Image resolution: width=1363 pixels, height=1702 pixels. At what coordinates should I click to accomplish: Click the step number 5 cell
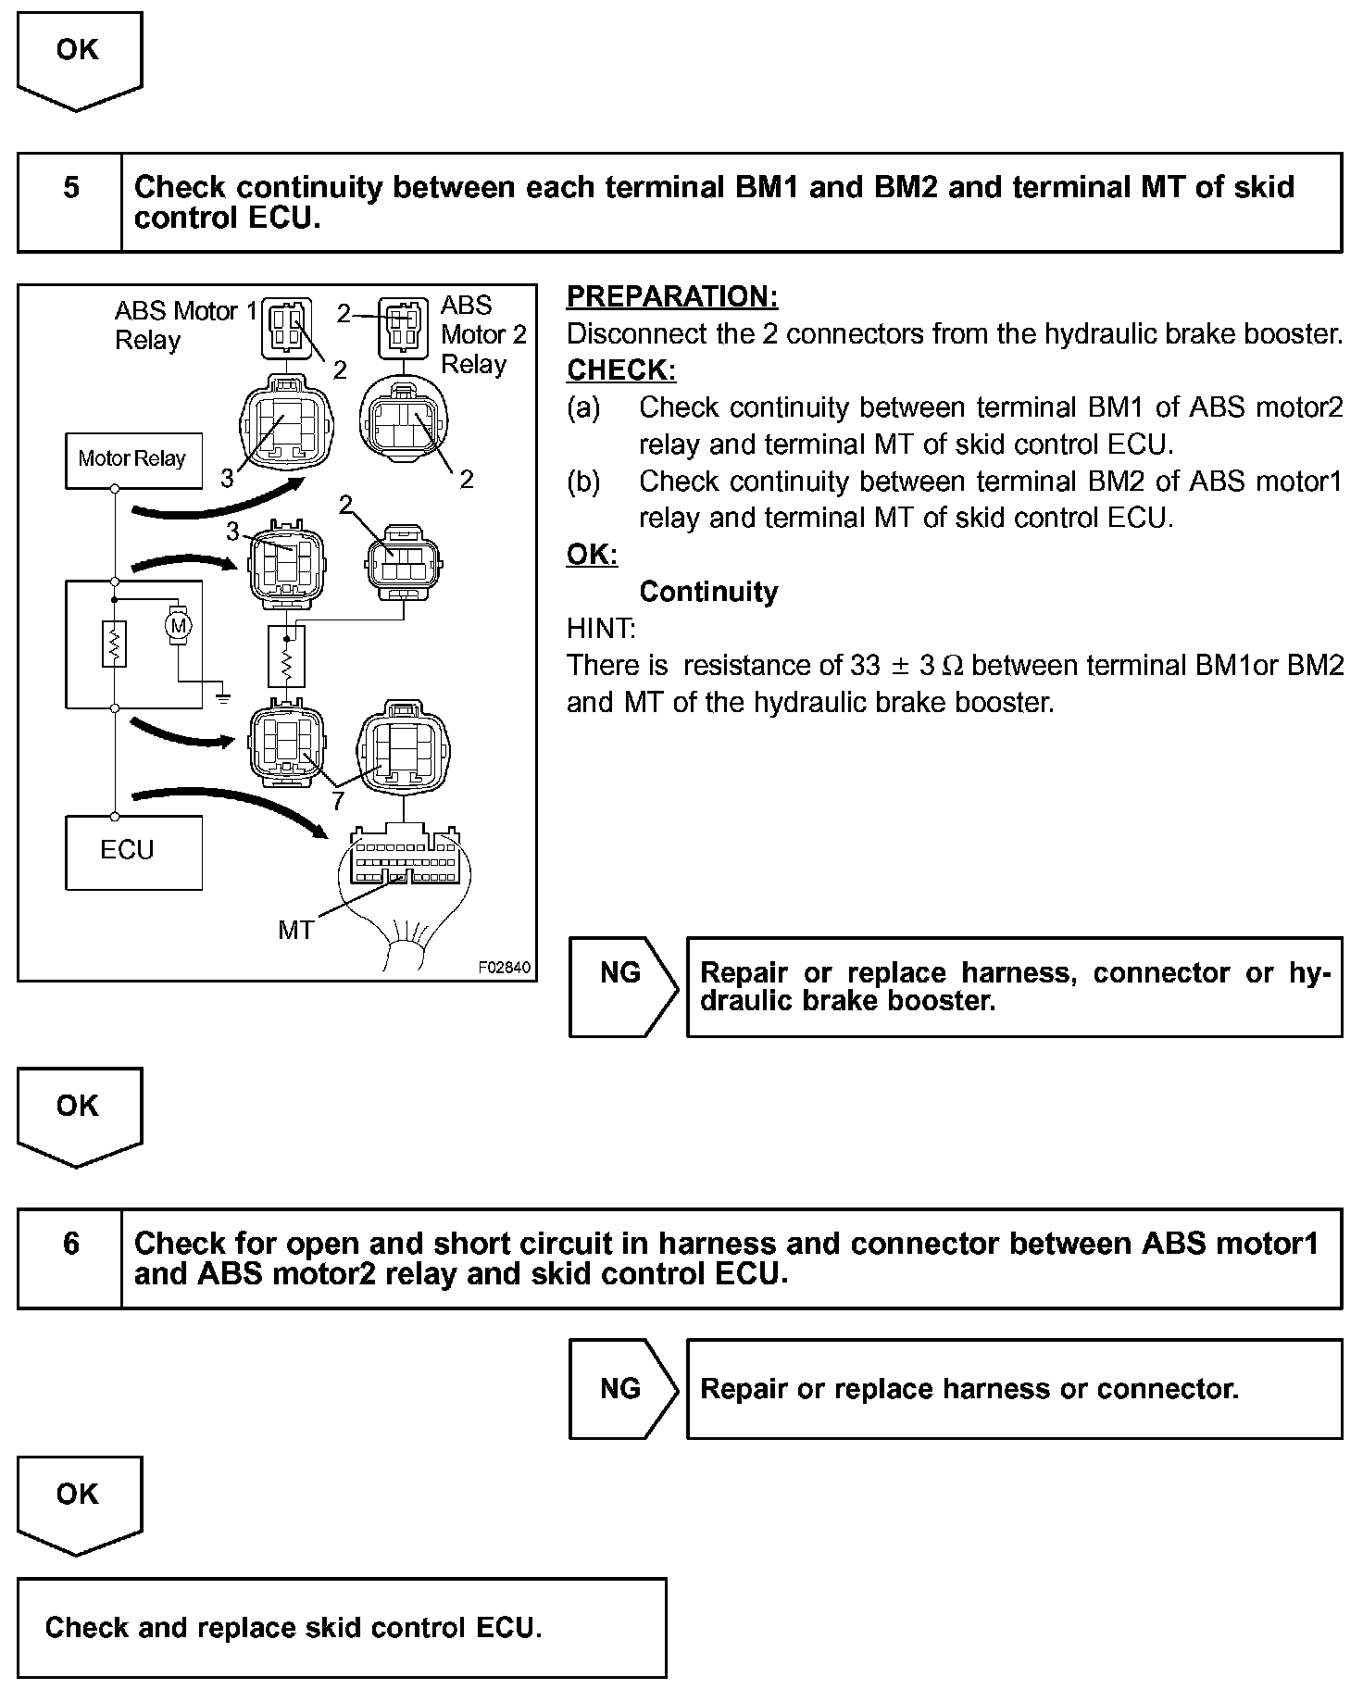[x=70, y=188]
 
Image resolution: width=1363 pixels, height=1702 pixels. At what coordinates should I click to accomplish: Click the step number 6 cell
[x=70, y=1244]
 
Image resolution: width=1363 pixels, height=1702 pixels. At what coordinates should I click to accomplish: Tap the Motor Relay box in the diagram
[x=133, y=459]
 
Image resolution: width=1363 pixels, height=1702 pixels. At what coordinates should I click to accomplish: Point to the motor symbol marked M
[x=179, y=626]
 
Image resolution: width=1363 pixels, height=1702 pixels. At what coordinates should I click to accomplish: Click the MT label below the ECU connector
[x=295, y=930]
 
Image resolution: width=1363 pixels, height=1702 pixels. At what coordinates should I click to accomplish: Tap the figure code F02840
[x=504, y=968]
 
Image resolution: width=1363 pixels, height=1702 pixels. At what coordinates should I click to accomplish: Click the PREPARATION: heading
[x=672, y=297]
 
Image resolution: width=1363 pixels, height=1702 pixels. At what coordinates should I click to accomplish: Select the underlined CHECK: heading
[x=620, y=370]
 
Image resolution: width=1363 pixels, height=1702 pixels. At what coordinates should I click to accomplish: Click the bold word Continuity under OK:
[x=708, y=592]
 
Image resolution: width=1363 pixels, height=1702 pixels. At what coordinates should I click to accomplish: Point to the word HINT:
[x=601, y=629]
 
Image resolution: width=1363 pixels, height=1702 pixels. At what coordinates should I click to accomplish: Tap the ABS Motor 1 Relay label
[x=185, y=325]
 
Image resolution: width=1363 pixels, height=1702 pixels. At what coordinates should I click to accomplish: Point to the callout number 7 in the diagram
[x=338, y=801]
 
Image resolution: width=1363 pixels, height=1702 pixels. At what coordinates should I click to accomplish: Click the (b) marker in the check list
[x=583, y=482]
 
